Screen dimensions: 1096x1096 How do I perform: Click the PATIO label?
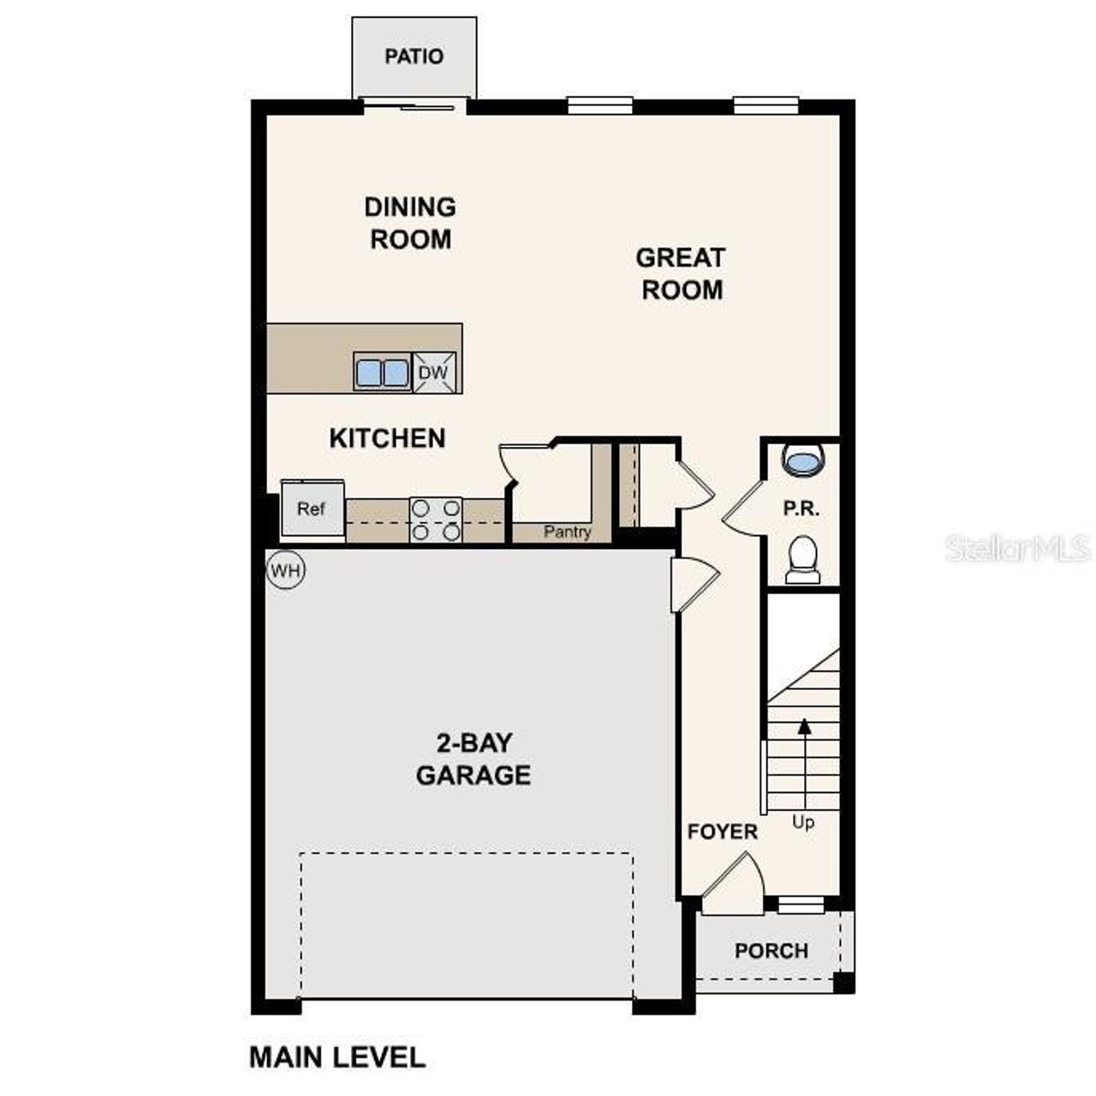(x=414, y=57)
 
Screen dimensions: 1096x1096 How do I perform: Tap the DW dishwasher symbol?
(x=434, y=372)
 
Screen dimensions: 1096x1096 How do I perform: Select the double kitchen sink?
(x=382, y=373)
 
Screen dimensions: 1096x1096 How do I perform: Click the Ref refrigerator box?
(x=312, y=509)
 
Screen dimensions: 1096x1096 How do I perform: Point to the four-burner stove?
(x=436, y=520)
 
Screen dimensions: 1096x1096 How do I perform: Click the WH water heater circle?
(x=285, y=570)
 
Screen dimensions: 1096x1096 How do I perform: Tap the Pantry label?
(x=567, y=532)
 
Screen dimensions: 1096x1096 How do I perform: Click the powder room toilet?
(x=802, y=559)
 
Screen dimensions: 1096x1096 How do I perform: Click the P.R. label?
(x=801, y=509)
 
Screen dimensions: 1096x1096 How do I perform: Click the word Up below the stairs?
(x=803, y=822)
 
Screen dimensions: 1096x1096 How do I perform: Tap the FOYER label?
(x=723, y=831)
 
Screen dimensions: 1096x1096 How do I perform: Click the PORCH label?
(x=771, y=950)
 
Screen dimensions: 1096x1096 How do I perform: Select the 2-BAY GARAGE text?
(x=474, y=759)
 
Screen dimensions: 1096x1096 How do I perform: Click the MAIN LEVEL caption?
(x=337, y=1057)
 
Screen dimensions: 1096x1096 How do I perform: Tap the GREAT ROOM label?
(x=682, y=273)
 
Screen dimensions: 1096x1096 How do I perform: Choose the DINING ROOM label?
(x=410, y=223)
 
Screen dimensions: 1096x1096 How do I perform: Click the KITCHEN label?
(x=387, y=438)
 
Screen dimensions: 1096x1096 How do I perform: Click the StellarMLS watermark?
(x=1018, y=548)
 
